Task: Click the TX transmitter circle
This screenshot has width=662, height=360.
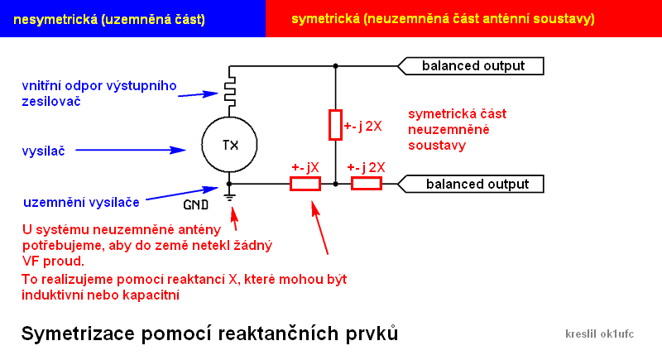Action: [230, 145]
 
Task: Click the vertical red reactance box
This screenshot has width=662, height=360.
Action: [335, 124]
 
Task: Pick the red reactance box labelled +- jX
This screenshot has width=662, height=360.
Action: [305, 184]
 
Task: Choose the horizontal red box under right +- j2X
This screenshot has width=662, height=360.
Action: [367, 184]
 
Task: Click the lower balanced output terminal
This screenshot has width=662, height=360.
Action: [472, 184]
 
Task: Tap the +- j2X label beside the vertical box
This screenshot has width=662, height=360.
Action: [363, 126]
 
